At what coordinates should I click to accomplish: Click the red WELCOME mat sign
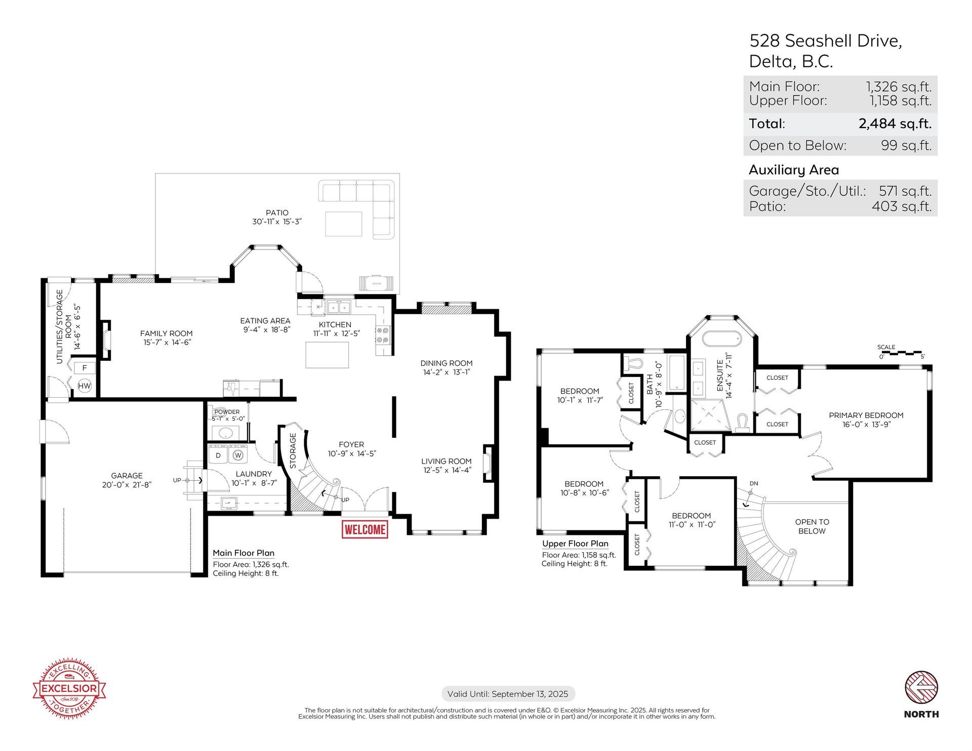tap(364, 529)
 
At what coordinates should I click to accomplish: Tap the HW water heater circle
tap(85, 386)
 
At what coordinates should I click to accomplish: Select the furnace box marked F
tap(85, 368)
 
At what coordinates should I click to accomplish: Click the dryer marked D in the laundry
tap(218, 455)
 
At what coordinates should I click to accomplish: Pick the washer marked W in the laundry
tap(238, 455)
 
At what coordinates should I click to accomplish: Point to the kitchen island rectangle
tap(327, 355)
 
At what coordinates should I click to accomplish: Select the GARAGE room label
tap(127, 475)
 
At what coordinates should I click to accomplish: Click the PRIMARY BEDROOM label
tap(866, 415)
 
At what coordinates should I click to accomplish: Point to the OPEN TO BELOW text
tap(812, 526)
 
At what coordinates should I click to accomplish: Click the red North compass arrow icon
tap(921, 688)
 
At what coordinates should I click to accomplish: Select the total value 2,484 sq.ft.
tap(895, 123)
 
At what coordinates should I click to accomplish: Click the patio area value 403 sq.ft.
tap(902, 206)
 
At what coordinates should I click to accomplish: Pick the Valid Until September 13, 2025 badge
tap(508, 694)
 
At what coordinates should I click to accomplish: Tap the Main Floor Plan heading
tap(244, 553)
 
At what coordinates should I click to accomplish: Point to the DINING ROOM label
tap(447, 363)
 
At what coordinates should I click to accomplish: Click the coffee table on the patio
tap(344, 224)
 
